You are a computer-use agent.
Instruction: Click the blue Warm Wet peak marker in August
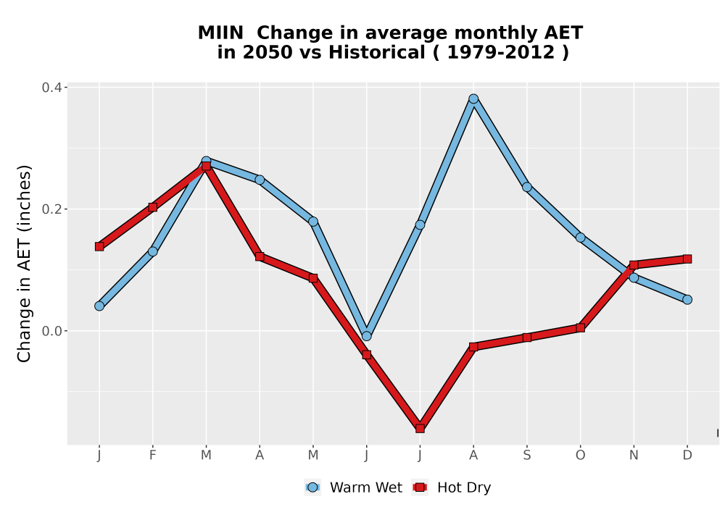point(473,99)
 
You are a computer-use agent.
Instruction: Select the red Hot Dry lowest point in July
point(420,429)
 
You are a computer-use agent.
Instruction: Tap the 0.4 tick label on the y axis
point(52,87)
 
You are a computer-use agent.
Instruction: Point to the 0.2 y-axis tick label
point(52,209)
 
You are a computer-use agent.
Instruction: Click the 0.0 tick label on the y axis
point(52,331)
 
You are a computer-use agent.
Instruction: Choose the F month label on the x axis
point(152,456)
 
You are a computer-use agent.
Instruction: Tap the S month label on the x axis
point(526,456)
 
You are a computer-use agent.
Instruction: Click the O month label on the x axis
point(580,456)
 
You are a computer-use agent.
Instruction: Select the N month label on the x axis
point(634,456)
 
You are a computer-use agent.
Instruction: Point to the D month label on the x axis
point(687,456)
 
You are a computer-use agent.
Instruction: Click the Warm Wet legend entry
point(354,487)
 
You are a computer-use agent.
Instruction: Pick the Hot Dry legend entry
point(451,487)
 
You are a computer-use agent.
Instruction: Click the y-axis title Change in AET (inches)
point(24,263)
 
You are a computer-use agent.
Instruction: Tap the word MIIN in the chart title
point(220,33)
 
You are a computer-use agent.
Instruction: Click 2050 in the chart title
point(268,53)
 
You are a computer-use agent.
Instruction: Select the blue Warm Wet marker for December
point(687,300)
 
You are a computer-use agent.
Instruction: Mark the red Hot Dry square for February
point(152,207)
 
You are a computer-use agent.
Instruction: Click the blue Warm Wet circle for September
point(526,187)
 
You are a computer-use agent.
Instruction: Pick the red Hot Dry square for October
point(580,328)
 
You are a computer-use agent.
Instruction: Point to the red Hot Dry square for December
point(687,259)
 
